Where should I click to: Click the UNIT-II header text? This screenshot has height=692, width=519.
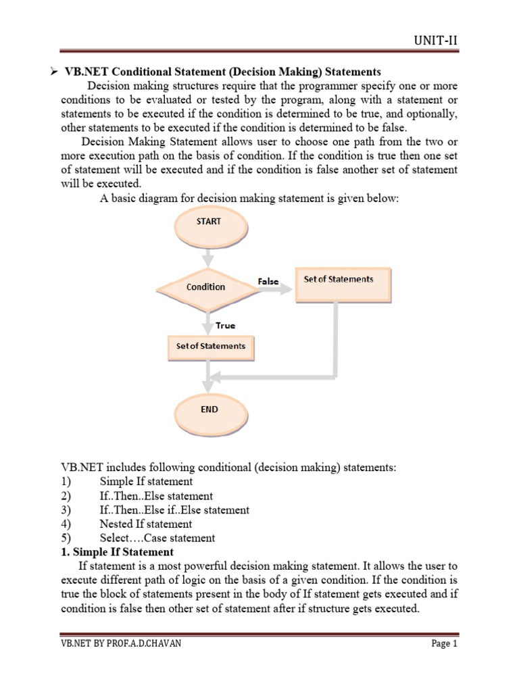pos(435,41)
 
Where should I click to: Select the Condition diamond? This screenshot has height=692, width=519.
pos(206,287)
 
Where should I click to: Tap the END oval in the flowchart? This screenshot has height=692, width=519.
pos(209,410)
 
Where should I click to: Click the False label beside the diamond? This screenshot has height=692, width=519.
pos(268,280)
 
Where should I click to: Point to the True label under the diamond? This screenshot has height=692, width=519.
pos(225,325)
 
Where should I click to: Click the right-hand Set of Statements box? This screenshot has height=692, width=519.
pos(343,285)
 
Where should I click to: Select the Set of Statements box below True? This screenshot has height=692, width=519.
pos(211,346)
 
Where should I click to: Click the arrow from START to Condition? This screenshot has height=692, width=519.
pos(209,258)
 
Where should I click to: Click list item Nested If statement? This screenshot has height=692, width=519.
pos(145,524)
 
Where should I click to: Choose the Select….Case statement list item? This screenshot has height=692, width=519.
pos(157,538)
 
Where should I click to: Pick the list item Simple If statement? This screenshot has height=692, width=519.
pos(146,482)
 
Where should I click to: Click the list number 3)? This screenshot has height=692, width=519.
pos(67,510)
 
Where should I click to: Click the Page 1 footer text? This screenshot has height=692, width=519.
pos(444,643)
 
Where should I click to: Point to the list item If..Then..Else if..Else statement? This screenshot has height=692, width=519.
pos(174,510)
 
